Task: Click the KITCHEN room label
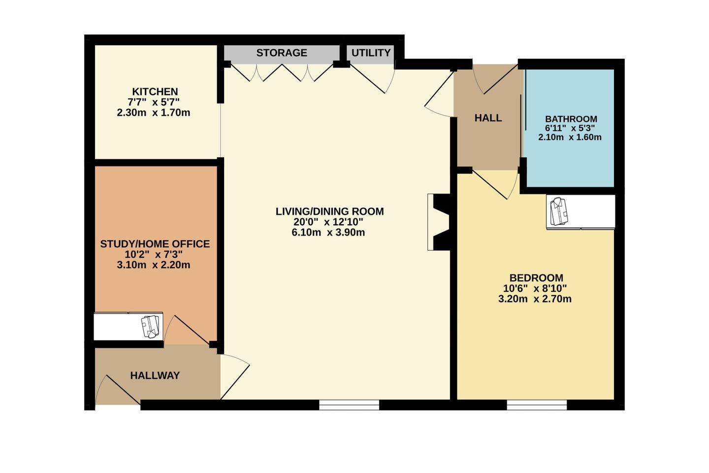coord(155,92)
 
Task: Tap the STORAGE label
coord(282,53)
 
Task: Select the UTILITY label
coord(371,53)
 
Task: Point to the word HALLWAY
coord(155,375)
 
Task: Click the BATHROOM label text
coord(571,119)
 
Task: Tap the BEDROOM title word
coord(536,278)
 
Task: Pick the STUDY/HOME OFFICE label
coord(155,244)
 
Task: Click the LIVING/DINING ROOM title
coord(329,211)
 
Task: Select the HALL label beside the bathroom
coord(488,118)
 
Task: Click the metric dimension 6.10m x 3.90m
coord(328,232)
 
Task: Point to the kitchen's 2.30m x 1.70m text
coord(154,112)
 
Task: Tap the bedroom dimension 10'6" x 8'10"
coord(535,288)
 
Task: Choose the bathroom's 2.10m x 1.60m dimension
coord(570,137)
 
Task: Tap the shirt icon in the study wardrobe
coord(150,327)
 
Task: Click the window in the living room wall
coord(349,405)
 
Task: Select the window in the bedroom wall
coord(537,405)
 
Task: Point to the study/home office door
coord(187,330)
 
